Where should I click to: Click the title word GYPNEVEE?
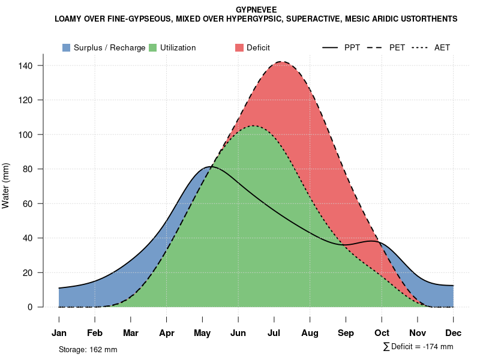tap(256, 10)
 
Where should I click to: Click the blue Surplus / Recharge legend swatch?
tap(67, 47)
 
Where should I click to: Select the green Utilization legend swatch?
tap(153, 47)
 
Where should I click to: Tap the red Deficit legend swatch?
tap(239, 47)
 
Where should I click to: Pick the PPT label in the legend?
tap(352, 47)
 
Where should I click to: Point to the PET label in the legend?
tap(397, 47)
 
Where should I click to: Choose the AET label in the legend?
tap(442, 47)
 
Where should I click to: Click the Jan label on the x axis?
tap(59, 333)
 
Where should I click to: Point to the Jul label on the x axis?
tap(274, 333)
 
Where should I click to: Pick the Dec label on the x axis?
tap(454, 333)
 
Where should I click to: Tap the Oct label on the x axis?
tap(382, 333)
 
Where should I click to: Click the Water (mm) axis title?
tap(6, 186)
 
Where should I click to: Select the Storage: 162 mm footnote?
tap(88, 349)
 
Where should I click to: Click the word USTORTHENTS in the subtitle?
tap(427, 19)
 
